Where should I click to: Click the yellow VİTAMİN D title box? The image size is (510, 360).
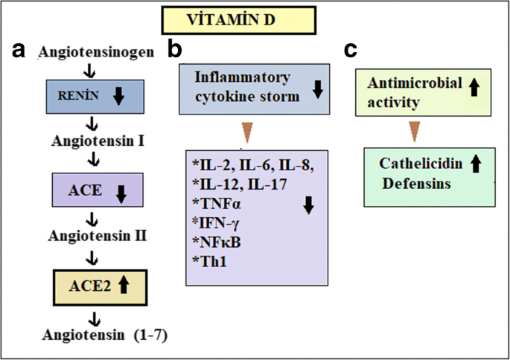click(x=239, y=20)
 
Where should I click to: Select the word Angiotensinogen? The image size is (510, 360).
click(x=96, y=52)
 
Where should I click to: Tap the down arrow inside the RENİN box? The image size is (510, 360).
click(x=119, y=96)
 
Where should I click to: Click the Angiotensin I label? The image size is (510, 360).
click(x=98, y=141)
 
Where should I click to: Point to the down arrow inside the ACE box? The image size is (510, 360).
click(x=121, y=194)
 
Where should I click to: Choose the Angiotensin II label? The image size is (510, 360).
click(x=98, y=236)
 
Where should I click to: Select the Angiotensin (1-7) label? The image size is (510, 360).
click(x=105, y=335)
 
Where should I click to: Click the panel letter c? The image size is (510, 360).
click(x=351, y=51)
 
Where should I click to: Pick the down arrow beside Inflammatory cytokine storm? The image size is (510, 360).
click(x=318, y=89)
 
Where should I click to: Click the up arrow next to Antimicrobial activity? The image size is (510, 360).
click(x=474, y=87)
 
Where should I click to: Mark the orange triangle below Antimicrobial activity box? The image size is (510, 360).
click(x=415, y=132)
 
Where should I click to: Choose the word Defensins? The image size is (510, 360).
click(x=417, y=184)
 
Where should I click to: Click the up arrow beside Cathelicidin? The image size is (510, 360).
click(x=476, y=164)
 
